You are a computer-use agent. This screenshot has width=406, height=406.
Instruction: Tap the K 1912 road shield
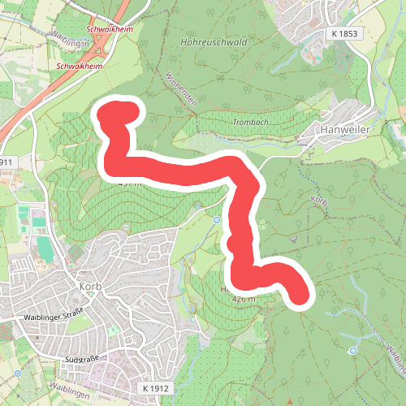pyautogui.click(x=153, y=388)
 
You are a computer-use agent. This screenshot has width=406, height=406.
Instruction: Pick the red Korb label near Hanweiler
pyautogui.click(x=318, y=199)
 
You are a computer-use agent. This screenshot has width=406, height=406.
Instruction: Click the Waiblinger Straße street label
pyautogui.click(x=54, y=317)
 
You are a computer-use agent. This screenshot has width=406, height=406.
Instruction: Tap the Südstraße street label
pyautogui.click(x=80, y=358)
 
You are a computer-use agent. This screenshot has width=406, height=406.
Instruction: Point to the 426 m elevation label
pyautogui.click(x=244, y=299)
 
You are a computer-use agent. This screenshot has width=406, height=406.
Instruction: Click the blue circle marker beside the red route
pyautogui.click(x=217, y=220)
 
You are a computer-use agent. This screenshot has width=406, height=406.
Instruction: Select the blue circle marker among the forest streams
pyautogui.click(x=352, y=351)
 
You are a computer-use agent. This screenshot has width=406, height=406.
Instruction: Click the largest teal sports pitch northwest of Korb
pyautogui.click(x=45, y=248)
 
